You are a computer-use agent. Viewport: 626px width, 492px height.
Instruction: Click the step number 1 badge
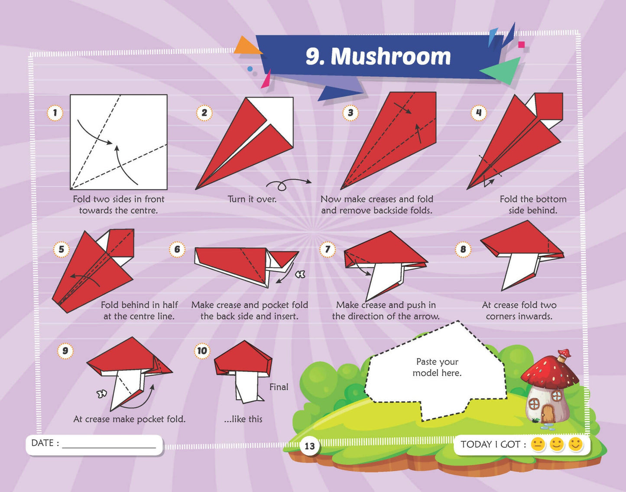pos(55,113)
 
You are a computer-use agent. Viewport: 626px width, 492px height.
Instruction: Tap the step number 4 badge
pos(479,113)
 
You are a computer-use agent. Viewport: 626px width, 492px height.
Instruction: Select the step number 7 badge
pos(328,249)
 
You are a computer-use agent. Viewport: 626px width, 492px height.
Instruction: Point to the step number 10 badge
pos(202,351)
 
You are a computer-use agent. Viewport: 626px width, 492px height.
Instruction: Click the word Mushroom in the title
pos(391,56)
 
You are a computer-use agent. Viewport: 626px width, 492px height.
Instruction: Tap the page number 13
pos(310,446)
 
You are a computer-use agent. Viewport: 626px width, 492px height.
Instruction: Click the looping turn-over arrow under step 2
pos(288,184)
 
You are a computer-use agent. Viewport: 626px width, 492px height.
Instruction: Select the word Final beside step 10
pos(279,387)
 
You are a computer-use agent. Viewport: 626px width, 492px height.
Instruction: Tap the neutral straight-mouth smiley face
pos(538,445)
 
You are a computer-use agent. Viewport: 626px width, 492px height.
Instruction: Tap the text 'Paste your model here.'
pos(437,367)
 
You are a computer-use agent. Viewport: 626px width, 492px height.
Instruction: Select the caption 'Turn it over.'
pos(252,199)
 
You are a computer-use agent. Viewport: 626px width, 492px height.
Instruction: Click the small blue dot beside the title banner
pos(250,69)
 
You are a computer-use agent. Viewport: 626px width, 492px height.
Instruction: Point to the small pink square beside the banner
pos(521,44)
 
